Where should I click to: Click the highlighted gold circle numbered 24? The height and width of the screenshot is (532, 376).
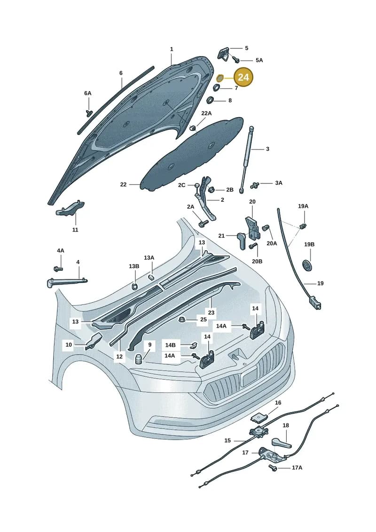pyautogui.click(x=243, y=77)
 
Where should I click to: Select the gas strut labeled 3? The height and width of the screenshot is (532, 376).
pyautogui.click(x=246, y=159)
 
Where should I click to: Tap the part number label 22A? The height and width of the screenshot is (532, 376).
pyautogui.click(x=206, y=113)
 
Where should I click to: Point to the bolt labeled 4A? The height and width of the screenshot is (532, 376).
pyautogui.click(x=58, y=269)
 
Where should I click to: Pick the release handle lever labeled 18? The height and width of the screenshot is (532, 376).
pyautogui.click(x=281, y=443)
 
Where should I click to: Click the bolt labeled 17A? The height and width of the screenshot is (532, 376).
pyautogui.click(x=273, y=468)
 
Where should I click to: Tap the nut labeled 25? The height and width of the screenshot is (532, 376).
pyautogui.click(x=181, y=319)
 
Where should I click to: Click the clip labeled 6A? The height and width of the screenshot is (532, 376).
pyautogui.click(x=89, y=112)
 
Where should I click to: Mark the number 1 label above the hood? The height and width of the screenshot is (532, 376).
pyautogui.click(x=172, y=49)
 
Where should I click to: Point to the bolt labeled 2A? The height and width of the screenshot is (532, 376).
pyautogui.click(x=204, y=223)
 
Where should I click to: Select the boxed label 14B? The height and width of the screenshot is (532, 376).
pyautogui.click(x=170, y=345)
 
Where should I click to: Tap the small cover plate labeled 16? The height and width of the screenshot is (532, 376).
pyautogui.click(x=259, y=417)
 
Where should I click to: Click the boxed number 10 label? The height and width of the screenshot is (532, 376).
pyautogui.click(x=69, y=345)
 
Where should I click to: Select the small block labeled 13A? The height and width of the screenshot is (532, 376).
pyautogui.click(x=151, y=276)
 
